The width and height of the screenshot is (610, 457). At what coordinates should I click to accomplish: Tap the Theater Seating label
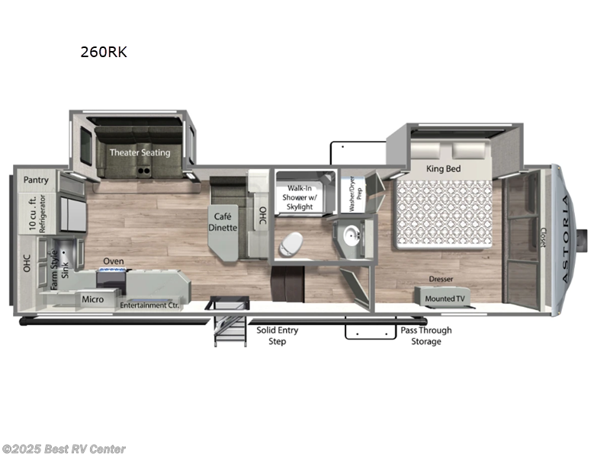click(140, 152)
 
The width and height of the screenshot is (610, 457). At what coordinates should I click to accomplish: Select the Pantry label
click(36, 181)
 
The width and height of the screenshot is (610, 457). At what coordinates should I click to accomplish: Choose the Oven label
click(114, 261)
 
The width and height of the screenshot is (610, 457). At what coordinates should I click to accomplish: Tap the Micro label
click(92, 299)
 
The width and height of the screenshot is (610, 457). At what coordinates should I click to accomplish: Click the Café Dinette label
click(225, 222)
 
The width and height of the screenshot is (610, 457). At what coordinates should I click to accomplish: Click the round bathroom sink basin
click(352, 234)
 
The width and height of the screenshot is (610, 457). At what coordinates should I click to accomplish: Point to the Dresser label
click(441, 279)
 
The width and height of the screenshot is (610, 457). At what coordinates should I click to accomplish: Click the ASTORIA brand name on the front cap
click(565, 240)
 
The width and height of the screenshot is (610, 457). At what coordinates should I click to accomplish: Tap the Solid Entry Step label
click(277, 336)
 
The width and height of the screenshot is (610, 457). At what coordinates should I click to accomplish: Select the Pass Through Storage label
click(425, 336)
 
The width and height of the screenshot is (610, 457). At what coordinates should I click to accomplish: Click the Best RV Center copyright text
click(64, 449)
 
